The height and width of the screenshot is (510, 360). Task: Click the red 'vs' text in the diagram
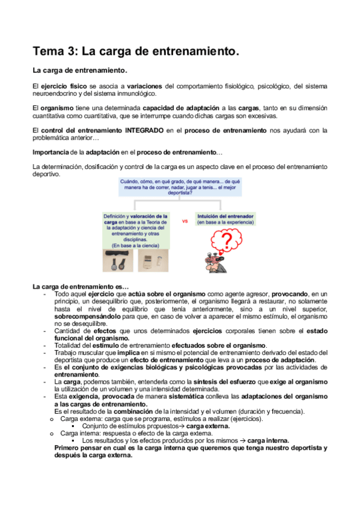pos(185,221)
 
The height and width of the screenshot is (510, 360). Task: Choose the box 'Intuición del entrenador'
pos(225,218)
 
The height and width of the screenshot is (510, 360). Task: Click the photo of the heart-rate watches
pos(116,261)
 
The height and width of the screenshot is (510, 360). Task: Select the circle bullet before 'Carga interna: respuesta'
pos(53,433)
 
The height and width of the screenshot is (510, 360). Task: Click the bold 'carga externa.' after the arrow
pos(208,426)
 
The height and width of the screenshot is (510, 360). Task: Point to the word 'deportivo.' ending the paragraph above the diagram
pos(47,174)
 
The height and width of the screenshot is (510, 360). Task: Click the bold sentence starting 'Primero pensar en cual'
pos(191,448)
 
